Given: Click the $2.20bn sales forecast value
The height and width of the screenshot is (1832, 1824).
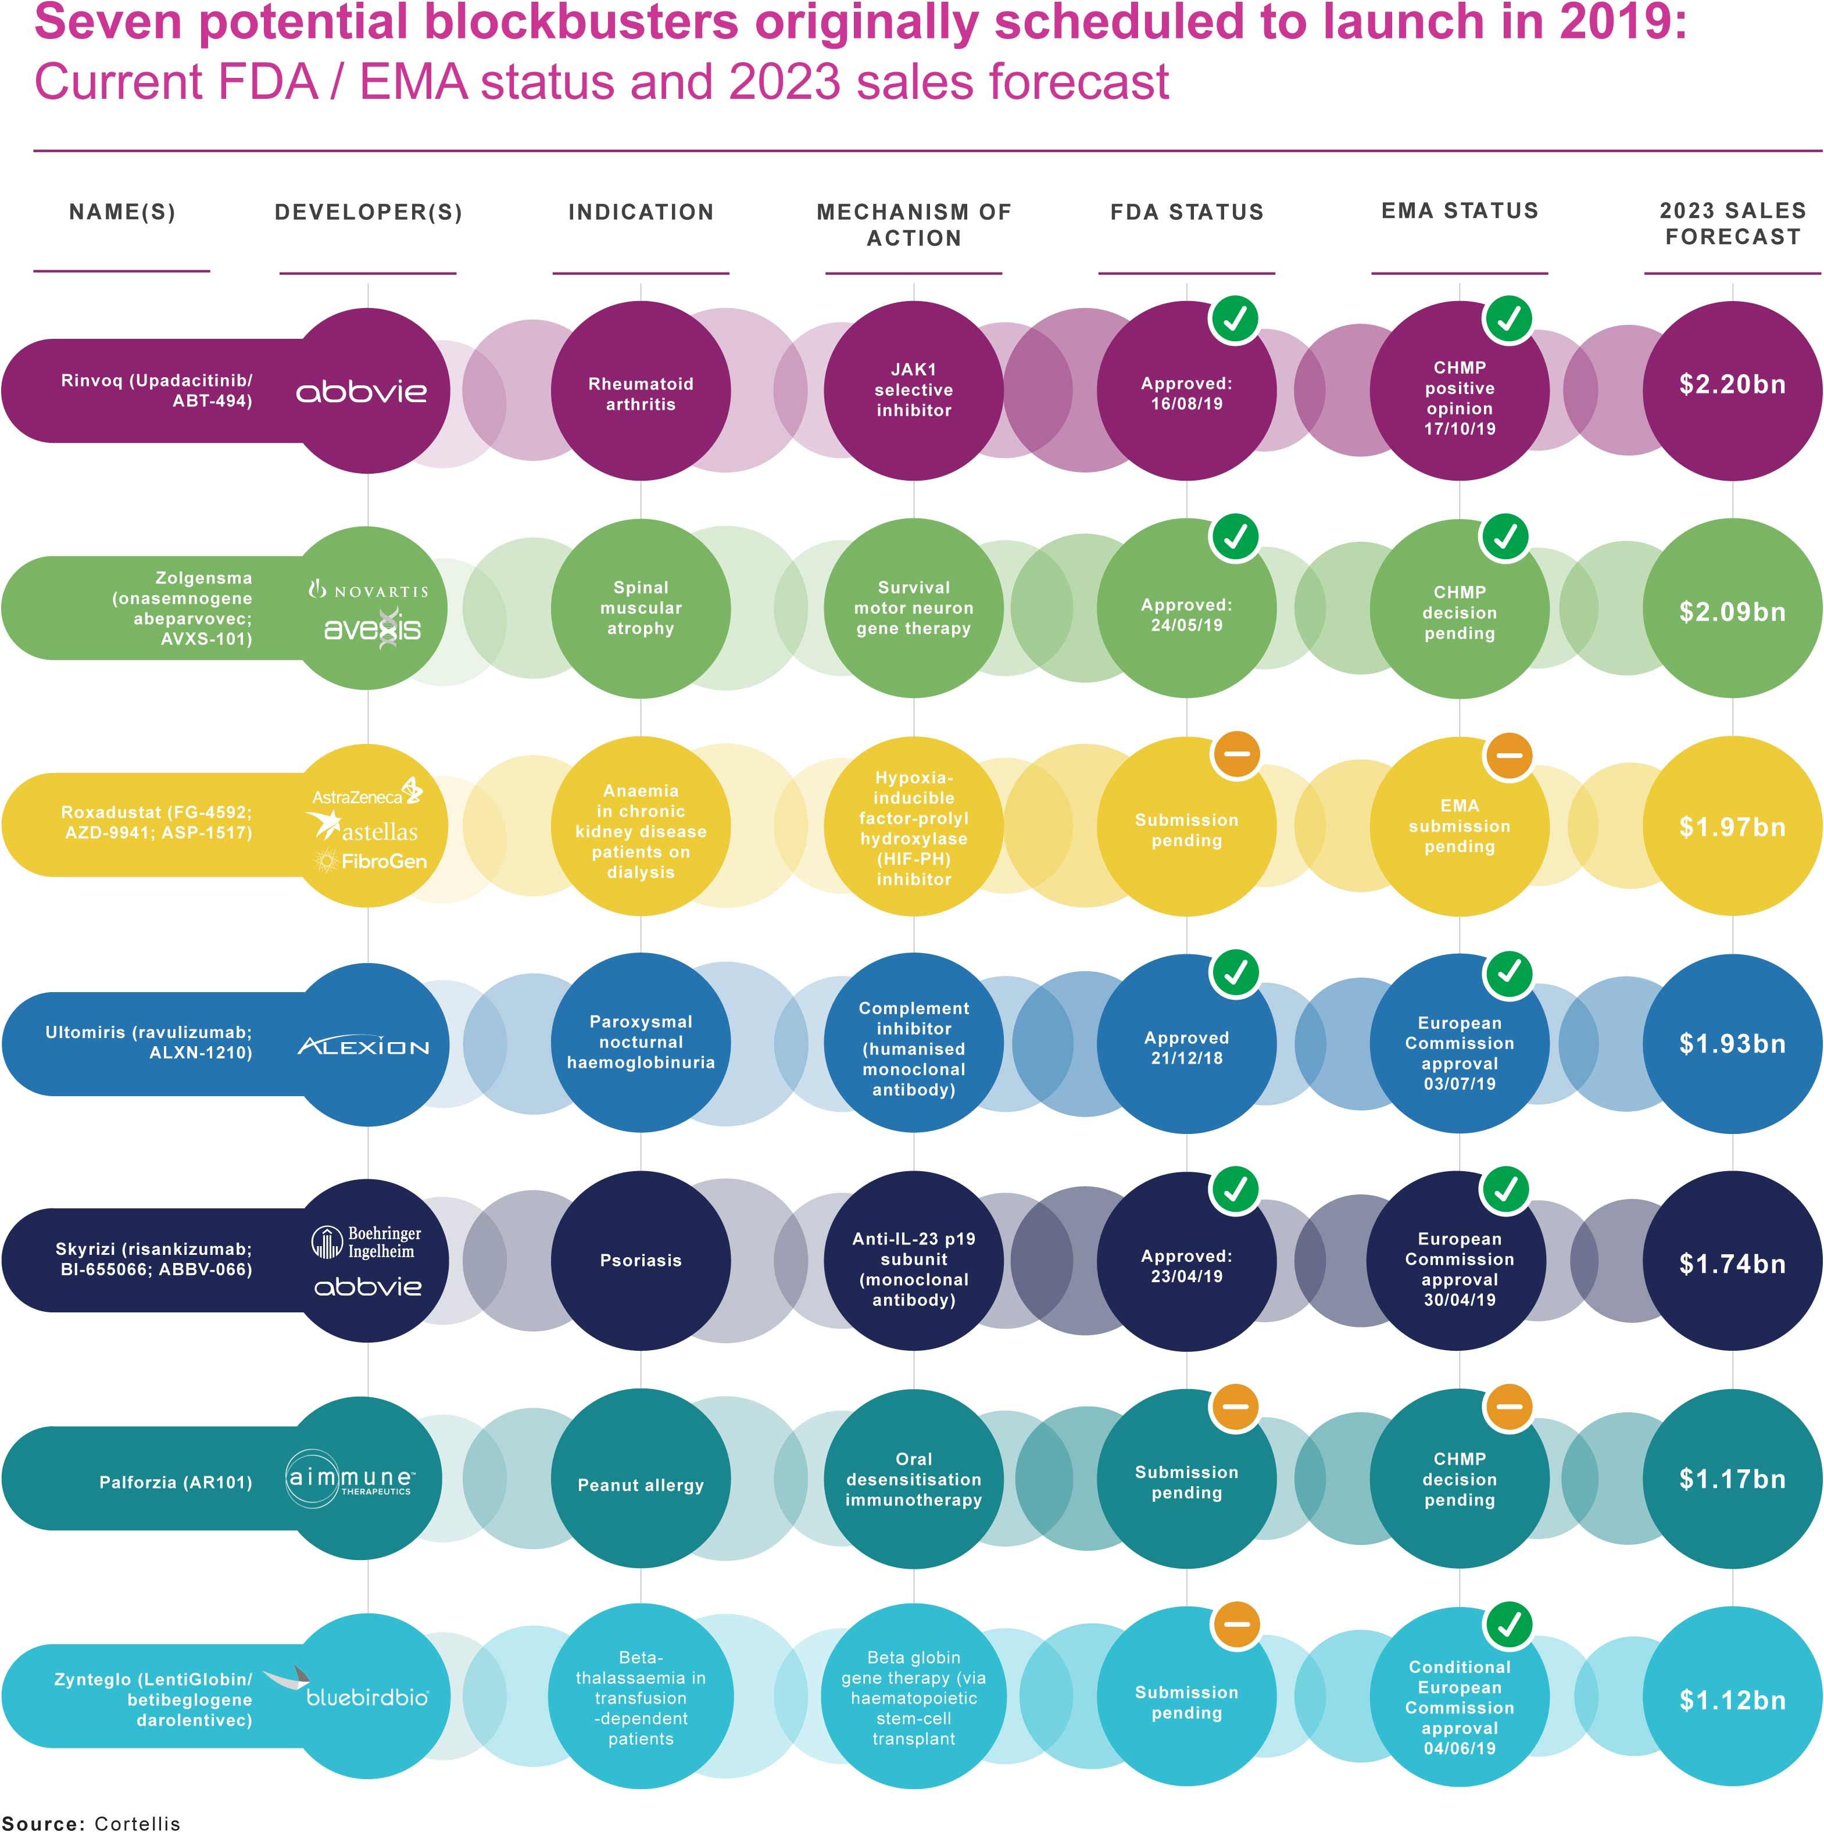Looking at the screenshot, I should pos(1732,385).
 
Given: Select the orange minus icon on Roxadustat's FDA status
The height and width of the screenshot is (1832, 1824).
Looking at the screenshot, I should pos(1236,755).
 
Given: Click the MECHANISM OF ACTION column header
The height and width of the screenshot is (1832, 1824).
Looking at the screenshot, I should pos(913,225).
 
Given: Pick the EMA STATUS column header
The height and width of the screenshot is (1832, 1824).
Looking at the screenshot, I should pos(1460,210).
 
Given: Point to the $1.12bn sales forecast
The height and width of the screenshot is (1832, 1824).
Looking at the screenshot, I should pos(1732,1700).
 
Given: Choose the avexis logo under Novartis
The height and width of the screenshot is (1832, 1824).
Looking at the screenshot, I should pos(372,629).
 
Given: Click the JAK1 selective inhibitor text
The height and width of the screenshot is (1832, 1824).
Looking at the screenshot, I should pos(913,390).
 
